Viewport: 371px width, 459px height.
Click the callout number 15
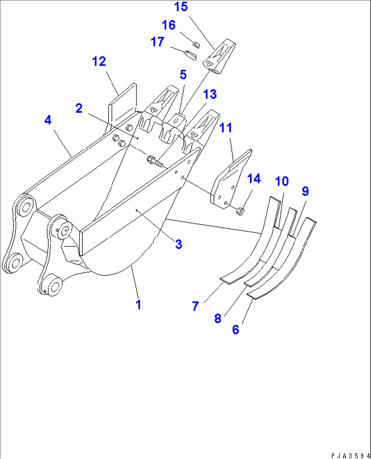(181, 7)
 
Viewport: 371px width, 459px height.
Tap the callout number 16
(168, 25)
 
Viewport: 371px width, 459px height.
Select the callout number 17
(157, 42)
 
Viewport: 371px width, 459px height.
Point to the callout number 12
(99, 61)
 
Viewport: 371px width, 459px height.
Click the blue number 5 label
(183, 75)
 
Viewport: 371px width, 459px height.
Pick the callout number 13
(210, 94)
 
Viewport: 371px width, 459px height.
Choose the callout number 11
(226, 128)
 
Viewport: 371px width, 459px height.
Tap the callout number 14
(254, 179)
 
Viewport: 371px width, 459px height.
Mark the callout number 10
(281, 181)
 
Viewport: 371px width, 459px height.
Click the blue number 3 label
(179, 244)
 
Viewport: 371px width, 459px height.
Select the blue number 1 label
(139, 305)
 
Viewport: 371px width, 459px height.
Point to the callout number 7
(195, 306)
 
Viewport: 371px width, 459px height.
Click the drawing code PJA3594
(351, 456)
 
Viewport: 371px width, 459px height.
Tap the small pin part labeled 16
(196, 45)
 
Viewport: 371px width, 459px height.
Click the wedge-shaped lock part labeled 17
(191, 56)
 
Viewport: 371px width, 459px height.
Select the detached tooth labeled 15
(219, 57)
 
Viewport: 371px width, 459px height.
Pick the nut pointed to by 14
(240, 211)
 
